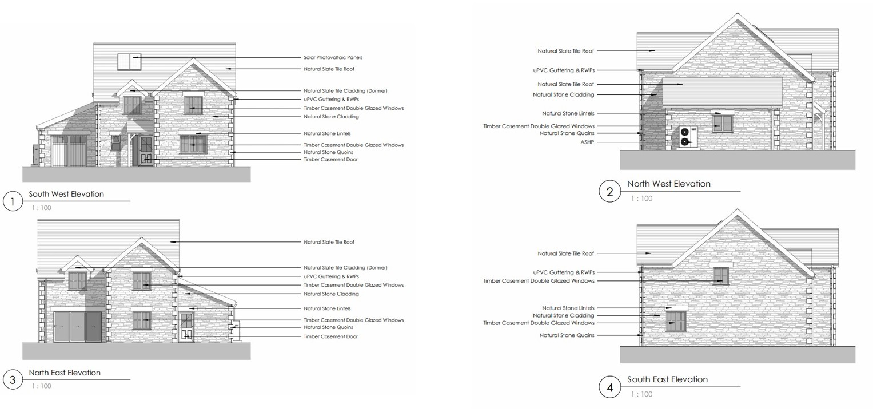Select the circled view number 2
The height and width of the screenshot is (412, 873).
(x=609, y=192)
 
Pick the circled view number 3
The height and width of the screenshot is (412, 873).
(x=13, y=379)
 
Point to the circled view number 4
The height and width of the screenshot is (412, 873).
(x=609, y=387)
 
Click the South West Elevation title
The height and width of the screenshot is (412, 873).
(x=66, y=194)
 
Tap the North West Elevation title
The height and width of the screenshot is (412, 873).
(x=669, y=184)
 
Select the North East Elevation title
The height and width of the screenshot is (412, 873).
(x=65, y=373)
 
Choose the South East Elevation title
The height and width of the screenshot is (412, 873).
(x=667, y=379)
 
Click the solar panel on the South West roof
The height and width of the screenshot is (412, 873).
(x=129, y=61)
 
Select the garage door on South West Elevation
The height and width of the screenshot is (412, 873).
(x=69, y=151)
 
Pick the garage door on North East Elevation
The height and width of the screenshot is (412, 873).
(x=77, y=327)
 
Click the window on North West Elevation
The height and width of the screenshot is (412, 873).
(x=723, y=124)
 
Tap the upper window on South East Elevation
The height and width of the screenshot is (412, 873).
(x=721, y=275)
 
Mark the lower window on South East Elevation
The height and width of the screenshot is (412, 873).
(x=676, y=321)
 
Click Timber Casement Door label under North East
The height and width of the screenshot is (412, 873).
(x=330, y=336)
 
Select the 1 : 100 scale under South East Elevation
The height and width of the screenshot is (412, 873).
(x=641, y=394)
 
